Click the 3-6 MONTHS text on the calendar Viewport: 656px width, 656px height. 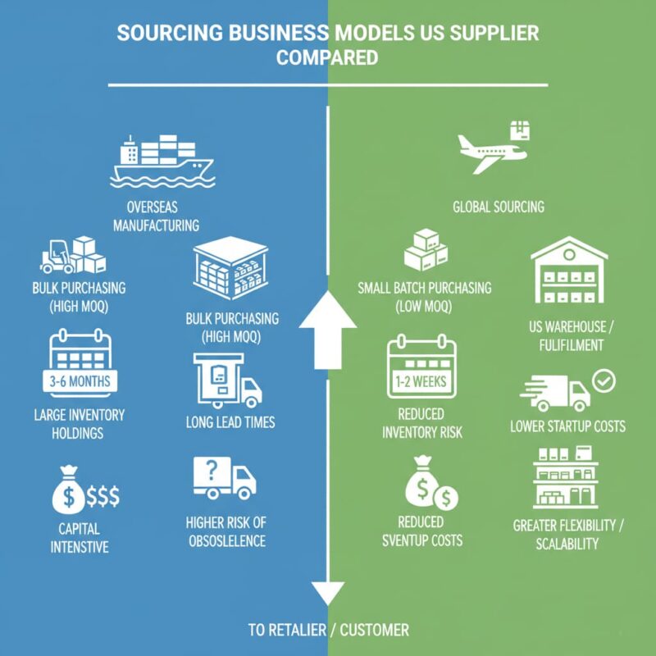point(80,381)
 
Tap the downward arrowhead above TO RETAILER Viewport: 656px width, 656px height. point(327,590)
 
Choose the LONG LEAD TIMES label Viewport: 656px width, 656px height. point(230,423)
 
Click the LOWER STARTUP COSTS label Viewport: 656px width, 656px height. point(567,426)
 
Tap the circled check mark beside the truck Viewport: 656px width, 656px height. point(604,380)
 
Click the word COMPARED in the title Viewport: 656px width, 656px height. point(327,58)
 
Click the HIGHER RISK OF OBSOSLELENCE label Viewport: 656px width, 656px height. point(226,532)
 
